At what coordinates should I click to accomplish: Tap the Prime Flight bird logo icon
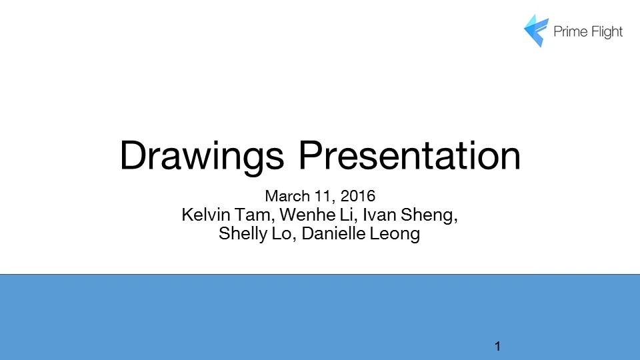coord(536,30)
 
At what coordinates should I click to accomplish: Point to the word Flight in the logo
coord(605,31)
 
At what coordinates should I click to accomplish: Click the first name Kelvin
coord(203,215)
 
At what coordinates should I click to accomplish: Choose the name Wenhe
coord(301,215)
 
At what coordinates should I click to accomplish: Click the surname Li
coord(337,215)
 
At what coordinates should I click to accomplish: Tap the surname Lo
coord(279,235)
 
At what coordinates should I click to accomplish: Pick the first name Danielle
coord(330,235)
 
